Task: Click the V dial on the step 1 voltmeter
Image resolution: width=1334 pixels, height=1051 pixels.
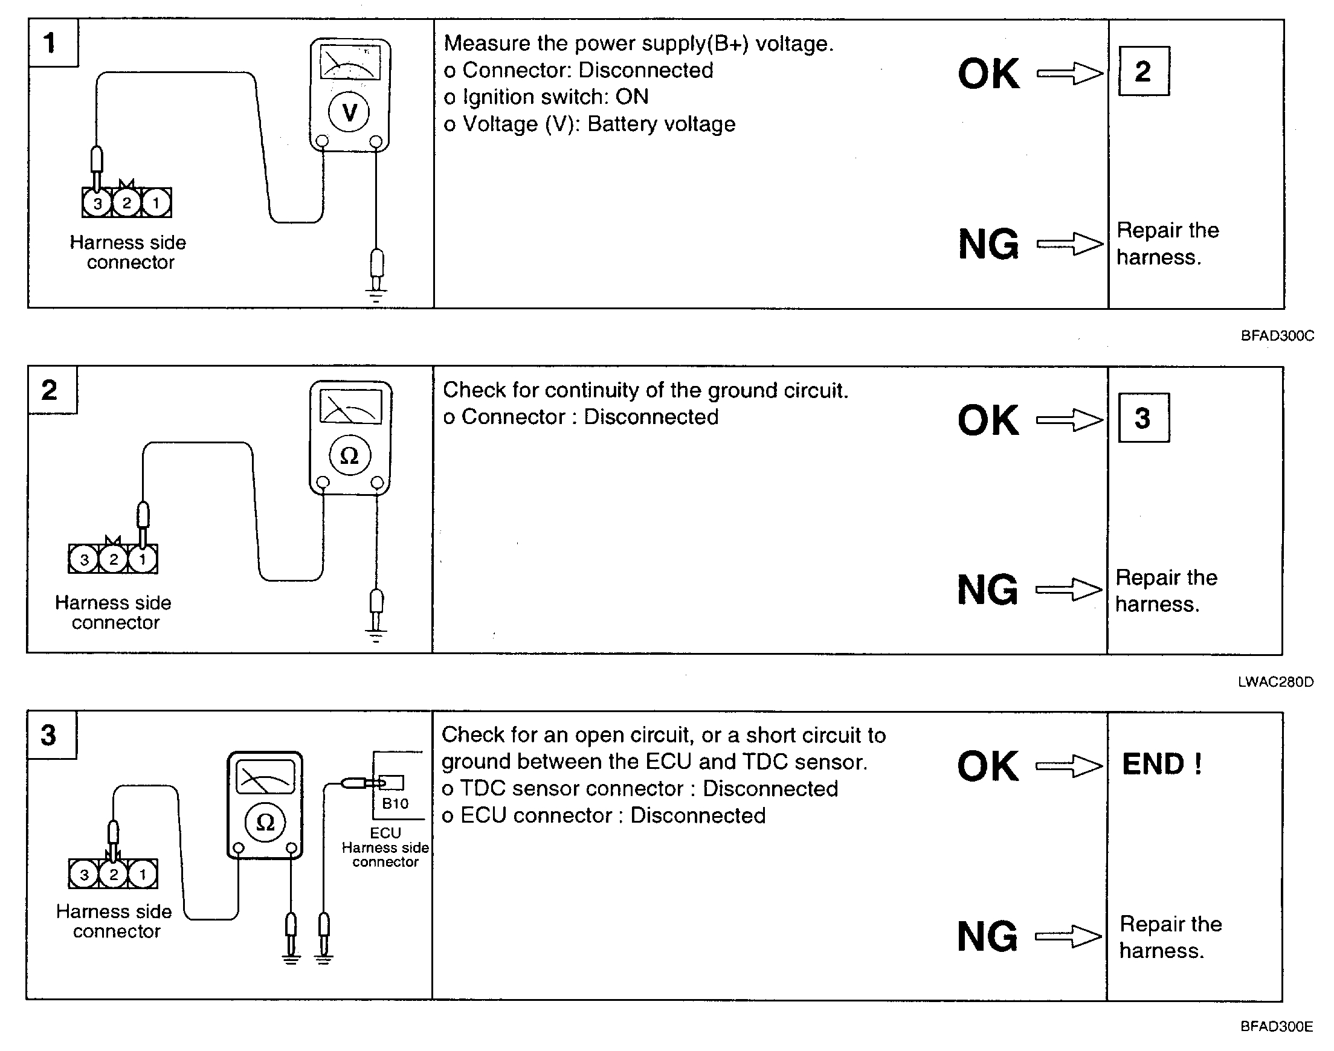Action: click(349, 112)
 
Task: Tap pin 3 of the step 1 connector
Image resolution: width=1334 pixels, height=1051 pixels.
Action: click(97, 203)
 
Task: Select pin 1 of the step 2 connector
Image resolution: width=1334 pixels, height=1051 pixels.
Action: click(143, 559)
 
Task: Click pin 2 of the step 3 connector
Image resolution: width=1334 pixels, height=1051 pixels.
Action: click(113, 874)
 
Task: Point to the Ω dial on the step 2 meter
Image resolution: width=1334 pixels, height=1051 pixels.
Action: click(349, 455)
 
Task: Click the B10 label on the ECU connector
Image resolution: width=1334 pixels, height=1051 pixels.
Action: click(395, 803)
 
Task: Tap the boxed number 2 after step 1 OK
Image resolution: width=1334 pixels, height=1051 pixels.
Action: click(1143, 71)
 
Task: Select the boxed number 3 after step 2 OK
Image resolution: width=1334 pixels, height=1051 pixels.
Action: click(1143, 418)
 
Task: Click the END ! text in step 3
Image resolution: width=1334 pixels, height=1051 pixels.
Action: click(1162, 764)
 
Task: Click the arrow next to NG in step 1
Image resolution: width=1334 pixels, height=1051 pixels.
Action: click(1070, 243)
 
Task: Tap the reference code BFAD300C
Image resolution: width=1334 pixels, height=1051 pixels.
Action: click(1277, 336)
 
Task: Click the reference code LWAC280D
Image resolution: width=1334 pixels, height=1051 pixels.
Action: click(1276, 682)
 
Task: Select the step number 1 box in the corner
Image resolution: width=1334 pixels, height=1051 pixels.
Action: click(53, 42)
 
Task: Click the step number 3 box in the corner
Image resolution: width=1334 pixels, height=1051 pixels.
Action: click(52, 735)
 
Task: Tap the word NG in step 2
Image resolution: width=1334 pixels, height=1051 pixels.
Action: click(988, 590)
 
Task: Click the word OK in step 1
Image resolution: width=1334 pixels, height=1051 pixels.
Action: click(988, 74)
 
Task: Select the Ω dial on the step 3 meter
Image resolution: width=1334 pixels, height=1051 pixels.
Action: click(265, 822)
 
